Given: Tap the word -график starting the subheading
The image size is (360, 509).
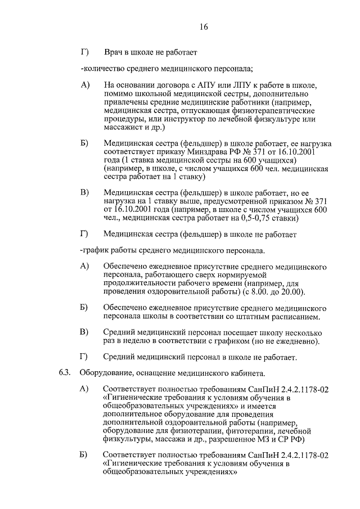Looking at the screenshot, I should click(x=96, y=249).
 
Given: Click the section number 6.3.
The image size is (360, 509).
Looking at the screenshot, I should click(x=66, y=373).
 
